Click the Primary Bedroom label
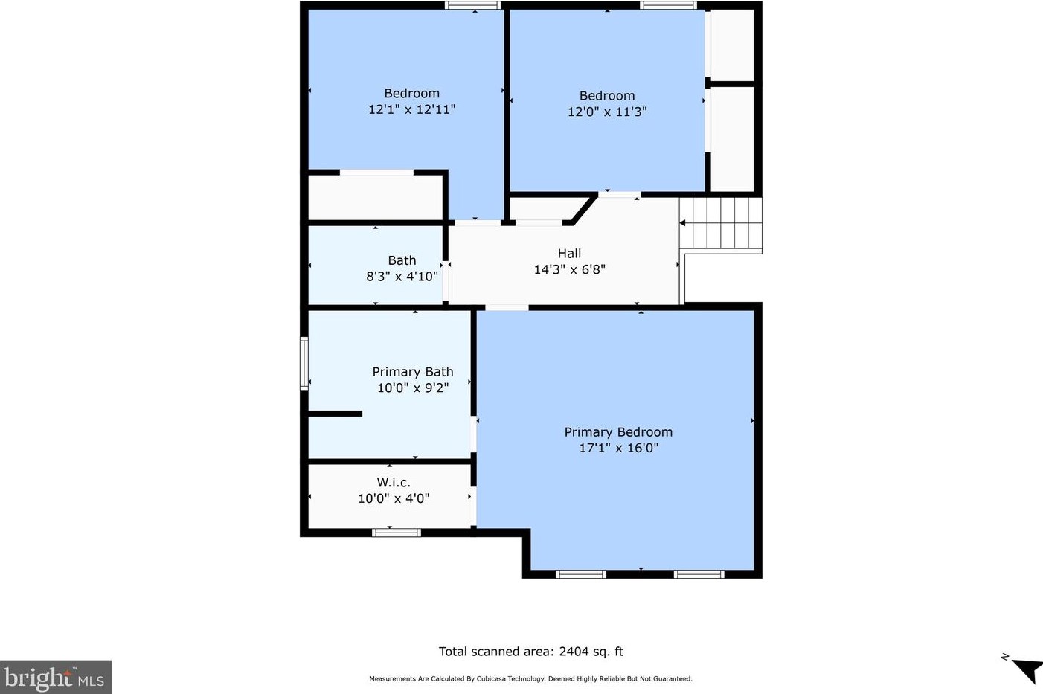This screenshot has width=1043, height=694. point(618,432)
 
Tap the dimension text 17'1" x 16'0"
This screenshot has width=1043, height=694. point(618,448)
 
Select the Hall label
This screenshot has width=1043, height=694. point(569,253)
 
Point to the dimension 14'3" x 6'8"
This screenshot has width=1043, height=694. point(569,269)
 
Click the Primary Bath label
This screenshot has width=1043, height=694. point(413,372)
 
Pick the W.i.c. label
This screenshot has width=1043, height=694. point(394,482)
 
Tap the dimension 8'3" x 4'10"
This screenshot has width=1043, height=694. point(402,277)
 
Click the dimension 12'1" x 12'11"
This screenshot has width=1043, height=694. point(411,109)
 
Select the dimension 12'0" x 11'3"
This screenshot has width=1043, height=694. point(607,112)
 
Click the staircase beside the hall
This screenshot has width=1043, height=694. point(720,223)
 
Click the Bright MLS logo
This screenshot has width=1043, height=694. point(55,677)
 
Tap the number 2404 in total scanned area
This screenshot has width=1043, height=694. point(573,651)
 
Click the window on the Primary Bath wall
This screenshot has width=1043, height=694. point(304,363)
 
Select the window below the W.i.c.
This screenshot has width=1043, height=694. point(397,533)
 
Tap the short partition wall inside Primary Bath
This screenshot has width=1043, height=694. point(336,414)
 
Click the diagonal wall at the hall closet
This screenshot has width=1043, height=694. point(584,210)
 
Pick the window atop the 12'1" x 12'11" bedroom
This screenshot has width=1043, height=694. point(472,6)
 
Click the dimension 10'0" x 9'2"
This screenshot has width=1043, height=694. point(413,388)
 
